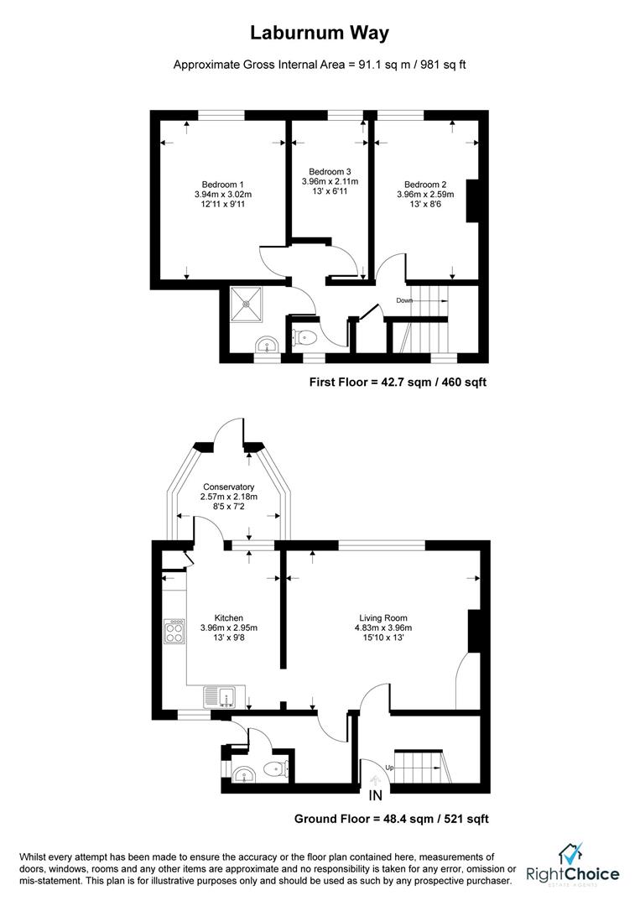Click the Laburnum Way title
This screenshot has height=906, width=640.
(x=320, y=33)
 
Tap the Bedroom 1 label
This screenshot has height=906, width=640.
(x=223, y=185)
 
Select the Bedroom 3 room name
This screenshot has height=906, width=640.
(x=330, y=172)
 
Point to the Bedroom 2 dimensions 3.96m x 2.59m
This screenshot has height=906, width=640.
(x=425, y=194)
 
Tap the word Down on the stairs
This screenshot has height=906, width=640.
(x=404, y=300)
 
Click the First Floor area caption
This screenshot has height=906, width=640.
(x=398, y=382)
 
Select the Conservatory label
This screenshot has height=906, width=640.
(x=229, y=487)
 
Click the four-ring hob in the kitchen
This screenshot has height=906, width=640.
(x=175, y=631)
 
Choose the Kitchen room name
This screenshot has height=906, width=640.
(x=229, y=617)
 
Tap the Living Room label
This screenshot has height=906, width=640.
(x=383, y=617)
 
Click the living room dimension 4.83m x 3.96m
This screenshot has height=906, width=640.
(x=383, y=627)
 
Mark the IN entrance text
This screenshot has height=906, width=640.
(x=376, y=795)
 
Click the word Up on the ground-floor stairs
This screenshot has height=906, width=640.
(x=390, y=768)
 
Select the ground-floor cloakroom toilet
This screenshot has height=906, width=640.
(x=274, y=769)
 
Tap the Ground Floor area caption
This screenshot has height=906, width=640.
(x=392, y=819)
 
